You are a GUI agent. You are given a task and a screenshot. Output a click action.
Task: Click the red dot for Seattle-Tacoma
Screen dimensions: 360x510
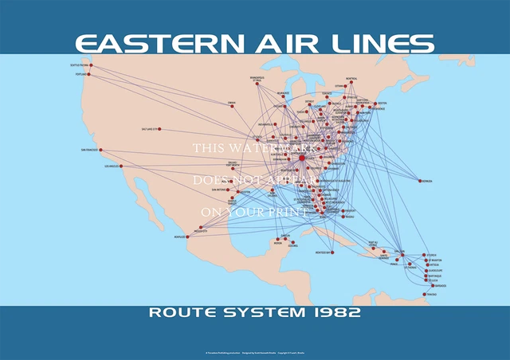pos(91,65)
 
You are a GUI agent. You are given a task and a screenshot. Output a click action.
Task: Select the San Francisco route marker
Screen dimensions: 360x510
pos(102,150)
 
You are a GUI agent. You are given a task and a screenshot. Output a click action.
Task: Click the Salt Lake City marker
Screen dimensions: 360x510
pos(159,128)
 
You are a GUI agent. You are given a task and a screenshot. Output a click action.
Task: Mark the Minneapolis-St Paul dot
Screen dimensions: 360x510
pos(258,84)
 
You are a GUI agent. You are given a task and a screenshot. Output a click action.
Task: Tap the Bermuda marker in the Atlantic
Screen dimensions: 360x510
pos(419,181)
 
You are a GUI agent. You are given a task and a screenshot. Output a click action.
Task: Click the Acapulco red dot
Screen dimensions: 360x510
pos(190,237)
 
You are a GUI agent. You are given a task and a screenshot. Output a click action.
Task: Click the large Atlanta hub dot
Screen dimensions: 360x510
pos(301,159)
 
